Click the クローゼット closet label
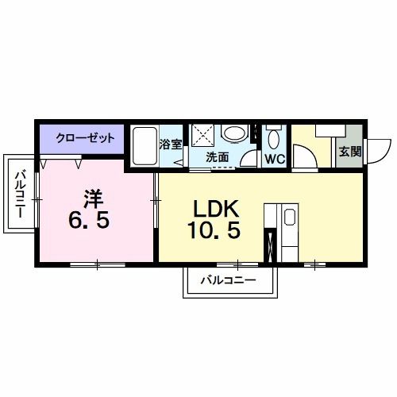pyautogui.click(x=85, y=138)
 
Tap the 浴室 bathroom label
pyautogui.click(x=171, y=145)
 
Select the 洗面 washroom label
pyautogui.click(x=217, y=157)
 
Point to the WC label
pyautogui.click(x=275, y=159)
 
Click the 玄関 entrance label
pyautogui.click(x=350, y=152)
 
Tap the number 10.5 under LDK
pyautogui.click(x=214, y=229)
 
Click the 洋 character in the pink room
pyautogui.click(x=94, y=199)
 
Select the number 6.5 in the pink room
pyautogui.click(x=89, y=221)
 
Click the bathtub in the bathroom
pyautogui.click(x=145, y=146)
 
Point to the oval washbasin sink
pyautogui.click(x=233, y=133)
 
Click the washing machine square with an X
pyautogui.click(x=202, y=135)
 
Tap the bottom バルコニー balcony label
pyautogui.click(x=229, y=280)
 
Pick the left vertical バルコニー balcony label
pyautogui.click(x=20, y=194)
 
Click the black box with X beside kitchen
pyautogui.click(x=270, y=245)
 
